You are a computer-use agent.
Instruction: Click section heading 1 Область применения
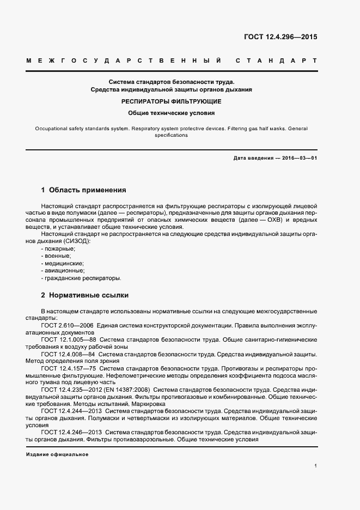(x=83, y=190)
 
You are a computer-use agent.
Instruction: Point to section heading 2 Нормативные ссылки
(x=85, y=295)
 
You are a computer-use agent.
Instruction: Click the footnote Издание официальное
(x=57, y=454)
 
